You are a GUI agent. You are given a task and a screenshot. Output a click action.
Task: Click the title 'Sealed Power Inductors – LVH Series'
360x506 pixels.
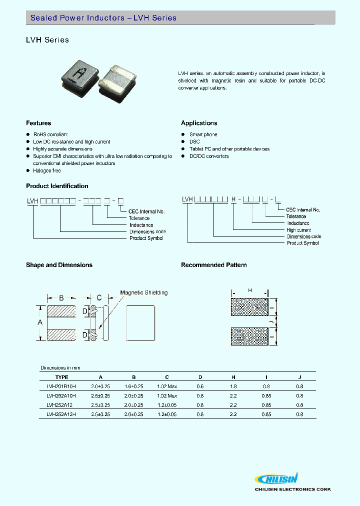(103, 18)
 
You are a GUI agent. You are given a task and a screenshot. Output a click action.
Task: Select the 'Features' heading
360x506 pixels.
(38, 123)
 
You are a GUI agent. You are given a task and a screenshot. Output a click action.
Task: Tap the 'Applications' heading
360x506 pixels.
(199, 123)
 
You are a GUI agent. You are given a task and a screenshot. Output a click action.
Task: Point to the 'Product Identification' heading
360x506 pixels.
(57, 186)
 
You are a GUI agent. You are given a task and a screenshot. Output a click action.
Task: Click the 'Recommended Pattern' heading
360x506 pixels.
(213, 265)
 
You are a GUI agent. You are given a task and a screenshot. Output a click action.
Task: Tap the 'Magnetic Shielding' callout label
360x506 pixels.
(144, 292)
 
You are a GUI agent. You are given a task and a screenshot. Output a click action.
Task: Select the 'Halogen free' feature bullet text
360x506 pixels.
(47, 170)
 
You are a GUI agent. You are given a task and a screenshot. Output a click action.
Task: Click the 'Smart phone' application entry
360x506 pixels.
(203, 134)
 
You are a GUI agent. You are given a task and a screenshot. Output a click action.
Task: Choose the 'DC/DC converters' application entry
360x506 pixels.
(209, 156)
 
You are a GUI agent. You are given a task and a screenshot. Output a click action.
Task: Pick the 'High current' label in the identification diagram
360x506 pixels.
(299, 230)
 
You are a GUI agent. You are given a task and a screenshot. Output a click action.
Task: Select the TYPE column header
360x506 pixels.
(61, 377)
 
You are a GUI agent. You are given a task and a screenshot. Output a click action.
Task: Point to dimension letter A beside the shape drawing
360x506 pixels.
(40, 323)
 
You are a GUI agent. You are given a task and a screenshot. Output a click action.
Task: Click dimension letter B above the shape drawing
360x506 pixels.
(61, 298)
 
